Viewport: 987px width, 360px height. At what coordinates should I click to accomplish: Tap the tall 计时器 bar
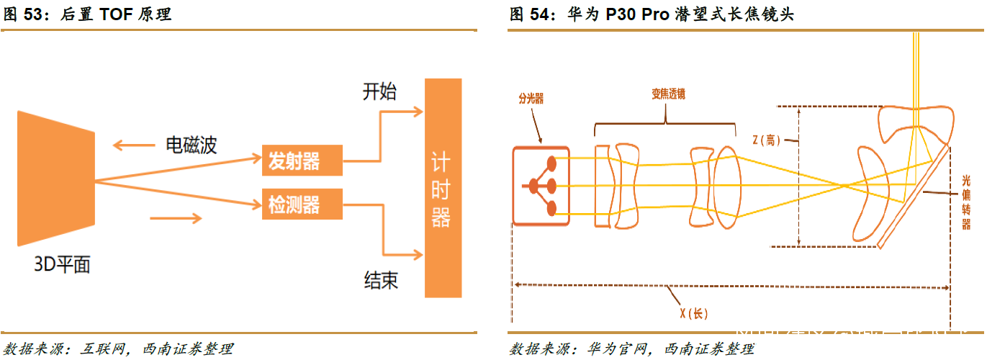(442, 188)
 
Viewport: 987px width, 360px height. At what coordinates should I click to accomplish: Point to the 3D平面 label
(63, 265)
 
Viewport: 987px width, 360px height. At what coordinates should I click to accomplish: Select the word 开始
(379, 91)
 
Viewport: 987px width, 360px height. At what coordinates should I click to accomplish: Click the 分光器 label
(531, 99)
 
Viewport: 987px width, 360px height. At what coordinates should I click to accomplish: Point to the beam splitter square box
(541, 186)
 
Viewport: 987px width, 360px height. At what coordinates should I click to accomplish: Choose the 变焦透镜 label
(663, 94)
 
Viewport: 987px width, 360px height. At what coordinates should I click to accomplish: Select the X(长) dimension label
(694, 313)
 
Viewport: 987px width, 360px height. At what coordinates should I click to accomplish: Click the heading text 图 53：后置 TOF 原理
(87, 14)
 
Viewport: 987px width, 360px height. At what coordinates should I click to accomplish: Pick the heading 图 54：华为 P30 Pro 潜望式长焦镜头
(652, 14)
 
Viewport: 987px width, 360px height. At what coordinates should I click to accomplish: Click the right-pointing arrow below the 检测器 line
(176, 218)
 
